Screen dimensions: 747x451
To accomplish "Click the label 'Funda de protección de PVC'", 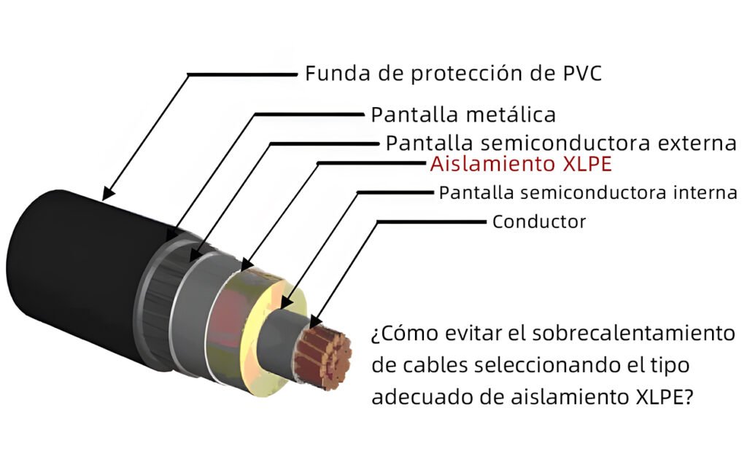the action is pyautogui.click(x=453, y=74).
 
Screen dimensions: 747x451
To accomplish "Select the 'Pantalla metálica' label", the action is pyautogui.click(x=463, y=114).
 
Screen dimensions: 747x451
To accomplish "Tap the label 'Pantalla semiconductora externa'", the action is pyautogui.click(x=561, y=143).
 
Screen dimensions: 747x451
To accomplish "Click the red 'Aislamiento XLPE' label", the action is pyautogui.click(x=521, y=164).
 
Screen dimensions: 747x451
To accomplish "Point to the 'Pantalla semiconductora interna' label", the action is pyautogui.click(x=588, y=192).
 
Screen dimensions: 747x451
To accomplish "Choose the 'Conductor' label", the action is pyautogui.click(x=539, y=221).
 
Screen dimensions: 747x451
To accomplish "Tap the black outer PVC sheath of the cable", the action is pyautogui.click(x=76, y=276).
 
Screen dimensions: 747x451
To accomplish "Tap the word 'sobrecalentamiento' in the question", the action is pyautogui.click(x=633, y=333).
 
